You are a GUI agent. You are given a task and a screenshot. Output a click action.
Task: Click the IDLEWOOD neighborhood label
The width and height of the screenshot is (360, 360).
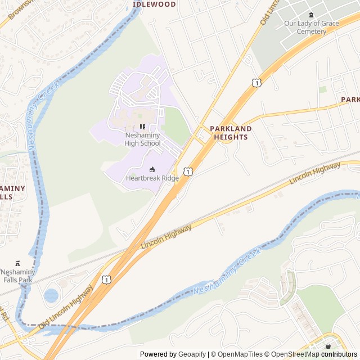pos(154,4)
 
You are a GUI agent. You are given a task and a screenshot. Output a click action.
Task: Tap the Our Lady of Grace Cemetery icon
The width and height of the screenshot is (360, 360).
pos(312,15)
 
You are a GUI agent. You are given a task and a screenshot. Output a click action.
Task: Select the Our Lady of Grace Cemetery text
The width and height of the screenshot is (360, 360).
pos(312,27)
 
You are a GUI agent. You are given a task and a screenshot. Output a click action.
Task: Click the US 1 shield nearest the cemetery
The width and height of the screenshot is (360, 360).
pos(256,83)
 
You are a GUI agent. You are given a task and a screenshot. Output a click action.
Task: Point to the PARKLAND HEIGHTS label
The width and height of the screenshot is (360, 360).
pos(231,133)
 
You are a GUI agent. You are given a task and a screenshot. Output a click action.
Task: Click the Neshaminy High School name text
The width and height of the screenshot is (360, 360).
pos(142,139)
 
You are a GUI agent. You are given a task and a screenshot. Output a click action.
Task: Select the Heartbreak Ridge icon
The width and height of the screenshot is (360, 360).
pos(152,169)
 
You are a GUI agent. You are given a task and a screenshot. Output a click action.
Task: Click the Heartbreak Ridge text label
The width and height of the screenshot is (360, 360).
pos(152,178)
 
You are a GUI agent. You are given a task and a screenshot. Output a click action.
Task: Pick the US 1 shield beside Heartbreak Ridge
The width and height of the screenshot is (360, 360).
pos(188,171)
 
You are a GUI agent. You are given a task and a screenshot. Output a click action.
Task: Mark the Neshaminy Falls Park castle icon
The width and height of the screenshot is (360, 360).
pos(18,263)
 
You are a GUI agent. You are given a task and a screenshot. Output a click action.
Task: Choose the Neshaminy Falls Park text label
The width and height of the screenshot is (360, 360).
pos(18,276)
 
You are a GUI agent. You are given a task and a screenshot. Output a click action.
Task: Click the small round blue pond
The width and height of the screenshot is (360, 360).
pos(51,295)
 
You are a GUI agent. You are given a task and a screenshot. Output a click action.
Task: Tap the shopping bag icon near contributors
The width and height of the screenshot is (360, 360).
pos(328,346)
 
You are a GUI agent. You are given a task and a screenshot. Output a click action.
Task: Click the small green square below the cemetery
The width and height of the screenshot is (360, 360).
pos(323,89)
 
